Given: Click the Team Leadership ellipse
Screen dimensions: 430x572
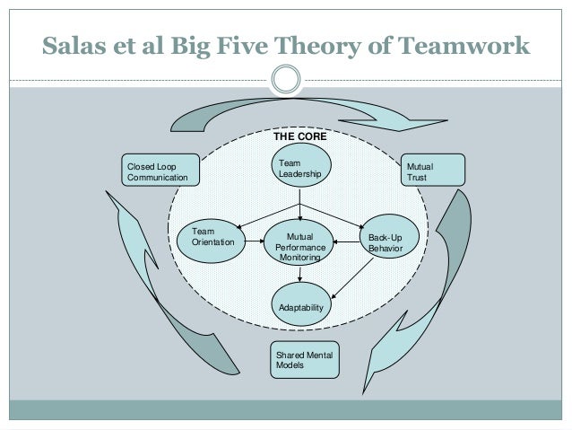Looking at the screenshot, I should pyautogui.click(x=299, y=168).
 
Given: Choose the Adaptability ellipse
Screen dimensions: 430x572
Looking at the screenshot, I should pyautogui.click(x=300, y=306).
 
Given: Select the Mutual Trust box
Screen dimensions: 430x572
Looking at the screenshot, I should pyautogui.click(x=434, y=171).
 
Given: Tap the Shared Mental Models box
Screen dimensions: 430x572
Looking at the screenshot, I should pyautogui.click(x=305, y=361).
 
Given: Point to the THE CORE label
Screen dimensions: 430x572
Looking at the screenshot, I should pyautogui.click(x=300, y=139).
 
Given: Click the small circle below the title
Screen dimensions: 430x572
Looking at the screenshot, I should pyautogui.click(x=286, y=79).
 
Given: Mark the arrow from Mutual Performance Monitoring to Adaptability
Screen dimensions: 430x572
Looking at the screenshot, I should pyautogui.click(x=300, y=277).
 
